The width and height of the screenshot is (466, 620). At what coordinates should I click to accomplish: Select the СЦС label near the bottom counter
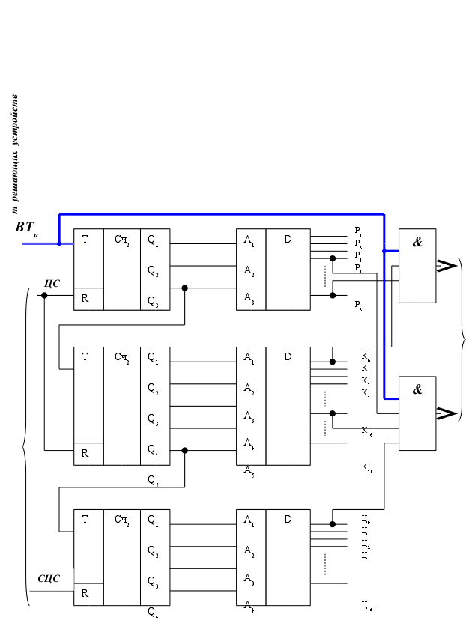click(49, 579)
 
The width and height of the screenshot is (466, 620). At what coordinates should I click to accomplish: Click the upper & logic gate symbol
click(417, 242)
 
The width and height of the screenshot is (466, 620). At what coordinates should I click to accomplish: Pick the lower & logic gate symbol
click(417, 389)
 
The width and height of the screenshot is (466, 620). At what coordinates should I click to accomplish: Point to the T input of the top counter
click(85, 240)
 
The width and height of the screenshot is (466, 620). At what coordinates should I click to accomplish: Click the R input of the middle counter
click(85, 453)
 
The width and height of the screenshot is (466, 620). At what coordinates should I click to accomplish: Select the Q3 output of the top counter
click(153, 302)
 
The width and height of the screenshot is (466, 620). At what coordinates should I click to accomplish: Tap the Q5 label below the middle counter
click(153, 479)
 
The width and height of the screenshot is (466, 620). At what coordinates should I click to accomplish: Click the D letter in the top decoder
click(288, 240)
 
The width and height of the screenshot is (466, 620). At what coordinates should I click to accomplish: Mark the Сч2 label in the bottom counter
click(122, 519)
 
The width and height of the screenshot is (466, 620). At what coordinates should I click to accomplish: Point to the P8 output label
click(358, 306)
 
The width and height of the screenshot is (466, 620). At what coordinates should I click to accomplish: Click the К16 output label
click(366, 431)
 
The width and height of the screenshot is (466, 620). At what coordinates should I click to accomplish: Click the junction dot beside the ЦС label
click(45, 295)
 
